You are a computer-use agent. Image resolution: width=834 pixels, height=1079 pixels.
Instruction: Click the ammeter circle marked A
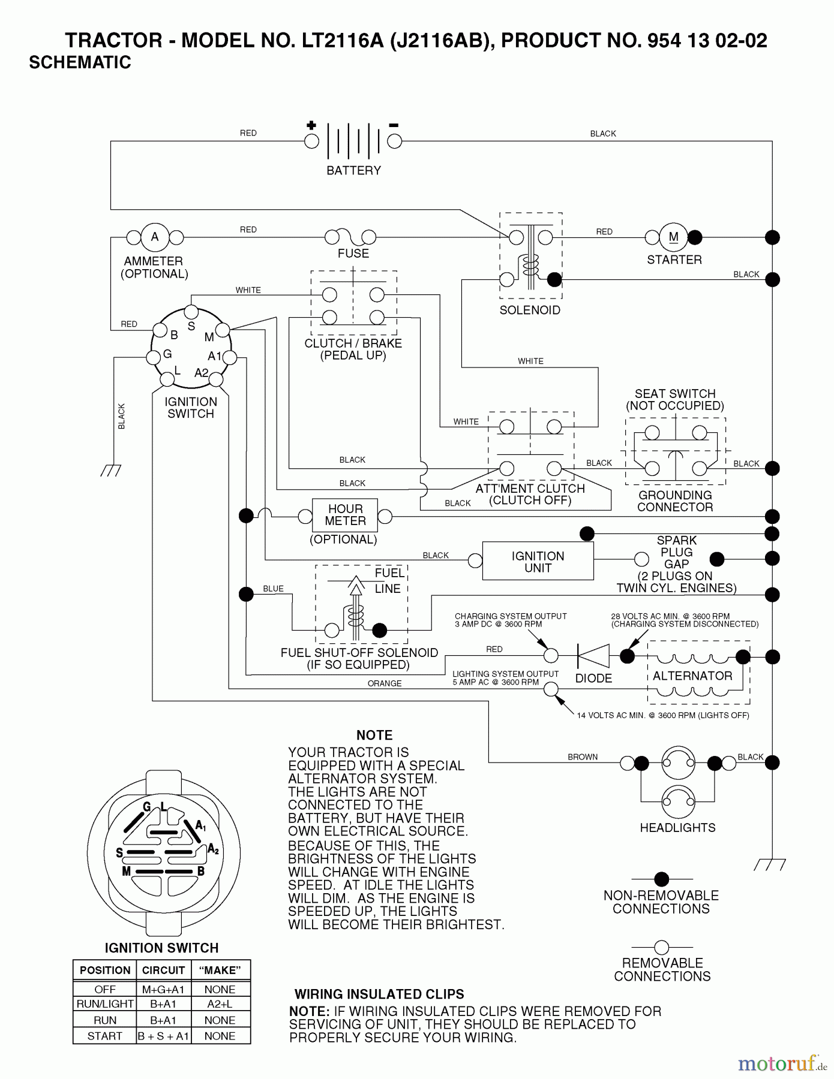[155, 237]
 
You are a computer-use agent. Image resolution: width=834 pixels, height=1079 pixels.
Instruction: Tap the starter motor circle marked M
[674, 237]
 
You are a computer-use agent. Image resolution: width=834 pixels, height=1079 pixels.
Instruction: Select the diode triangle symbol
[593, 656]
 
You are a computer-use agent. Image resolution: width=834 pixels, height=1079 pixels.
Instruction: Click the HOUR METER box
[345, 515]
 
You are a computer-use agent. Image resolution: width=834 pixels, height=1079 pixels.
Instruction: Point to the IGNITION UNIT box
[538, 562]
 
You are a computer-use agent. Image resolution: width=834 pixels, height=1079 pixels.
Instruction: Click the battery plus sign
[311, 125]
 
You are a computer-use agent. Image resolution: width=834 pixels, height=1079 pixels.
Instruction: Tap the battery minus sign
[394, 125]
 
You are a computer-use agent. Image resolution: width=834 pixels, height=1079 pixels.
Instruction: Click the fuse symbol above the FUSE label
[351, 236]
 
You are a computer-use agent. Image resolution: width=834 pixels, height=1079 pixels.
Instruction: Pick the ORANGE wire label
[385, 683]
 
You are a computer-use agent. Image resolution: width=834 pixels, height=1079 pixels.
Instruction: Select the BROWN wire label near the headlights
[583, 757]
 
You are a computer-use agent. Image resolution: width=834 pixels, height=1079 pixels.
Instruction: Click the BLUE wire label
[273, 589]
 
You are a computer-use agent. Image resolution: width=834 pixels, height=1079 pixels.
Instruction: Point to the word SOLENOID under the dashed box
[530, 310]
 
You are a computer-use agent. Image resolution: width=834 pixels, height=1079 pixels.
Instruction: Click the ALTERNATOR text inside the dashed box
[692, 676]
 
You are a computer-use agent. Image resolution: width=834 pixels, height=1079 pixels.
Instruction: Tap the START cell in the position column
[105, 1036]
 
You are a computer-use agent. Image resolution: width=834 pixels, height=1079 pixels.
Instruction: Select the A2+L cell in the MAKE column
[220, 1003]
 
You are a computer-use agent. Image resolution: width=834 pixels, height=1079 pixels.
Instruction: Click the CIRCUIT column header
[163, 970]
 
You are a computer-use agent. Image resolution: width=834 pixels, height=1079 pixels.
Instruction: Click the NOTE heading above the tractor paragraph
[374, 735]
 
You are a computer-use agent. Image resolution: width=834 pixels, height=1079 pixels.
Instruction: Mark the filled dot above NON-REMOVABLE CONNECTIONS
[661, 879]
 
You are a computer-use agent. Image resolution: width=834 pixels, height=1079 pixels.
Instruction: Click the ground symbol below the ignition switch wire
[111, 471]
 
